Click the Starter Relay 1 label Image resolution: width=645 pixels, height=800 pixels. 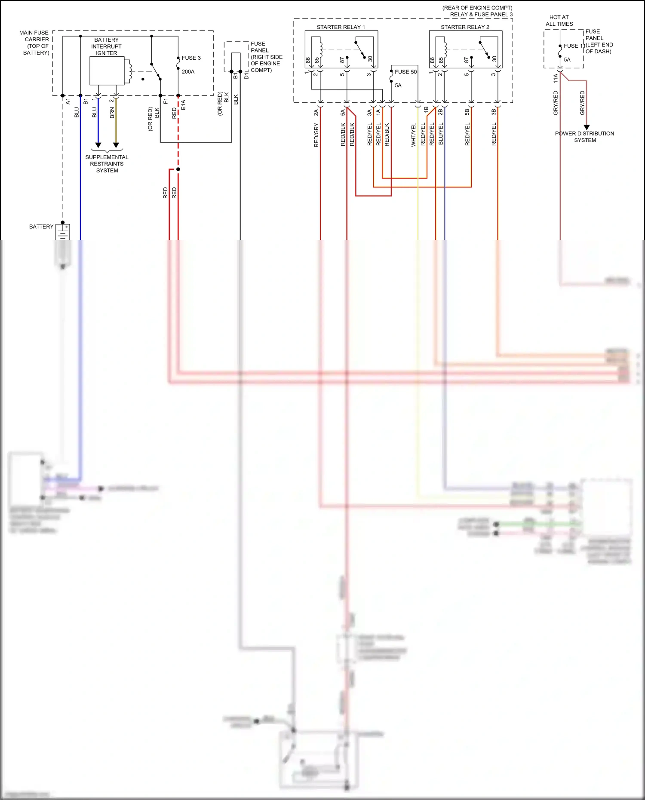(x=341, y=27)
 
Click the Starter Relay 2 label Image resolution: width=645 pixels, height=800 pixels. (x=465, y=27)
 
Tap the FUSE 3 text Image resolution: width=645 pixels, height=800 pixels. (x=191, y=58)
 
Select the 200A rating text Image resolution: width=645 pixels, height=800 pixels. (x=188, y=72)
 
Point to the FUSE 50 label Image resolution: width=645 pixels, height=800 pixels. (x=405, y=72)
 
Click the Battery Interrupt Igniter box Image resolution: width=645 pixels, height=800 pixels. (x=107, y=71)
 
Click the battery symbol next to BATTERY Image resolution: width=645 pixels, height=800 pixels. (x=63, y=232)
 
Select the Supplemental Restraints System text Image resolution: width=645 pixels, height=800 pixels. (x=107, y=164)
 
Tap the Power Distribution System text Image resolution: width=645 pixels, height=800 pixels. (x=584, y=137)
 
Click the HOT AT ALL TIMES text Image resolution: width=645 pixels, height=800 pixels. (x=559, y=21)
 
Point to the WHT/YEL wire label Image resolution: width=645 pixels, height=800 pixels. (x=414, y=135)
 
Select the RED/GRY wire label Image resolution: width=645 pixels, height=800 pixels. (x=316, y=135)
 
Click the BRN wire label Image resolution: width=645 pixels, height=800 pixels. (x=112, y=113)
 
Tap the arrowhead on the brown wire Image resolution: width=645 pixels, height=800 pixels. (x=116, y=145)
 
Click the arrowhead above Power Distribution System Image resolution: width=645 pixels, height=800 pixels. (x=587, y=127)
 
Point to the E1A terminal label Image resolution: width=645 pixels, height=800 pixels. (x=183, y=105)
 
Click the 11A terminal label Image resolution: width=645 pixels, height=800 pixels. (x=556, y=78)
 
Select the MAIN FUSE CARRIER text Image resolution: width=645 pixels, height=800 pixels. (x=34, y=42)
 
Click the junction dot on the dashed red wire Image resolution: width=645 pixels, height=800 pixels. (x=178, y=169)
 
